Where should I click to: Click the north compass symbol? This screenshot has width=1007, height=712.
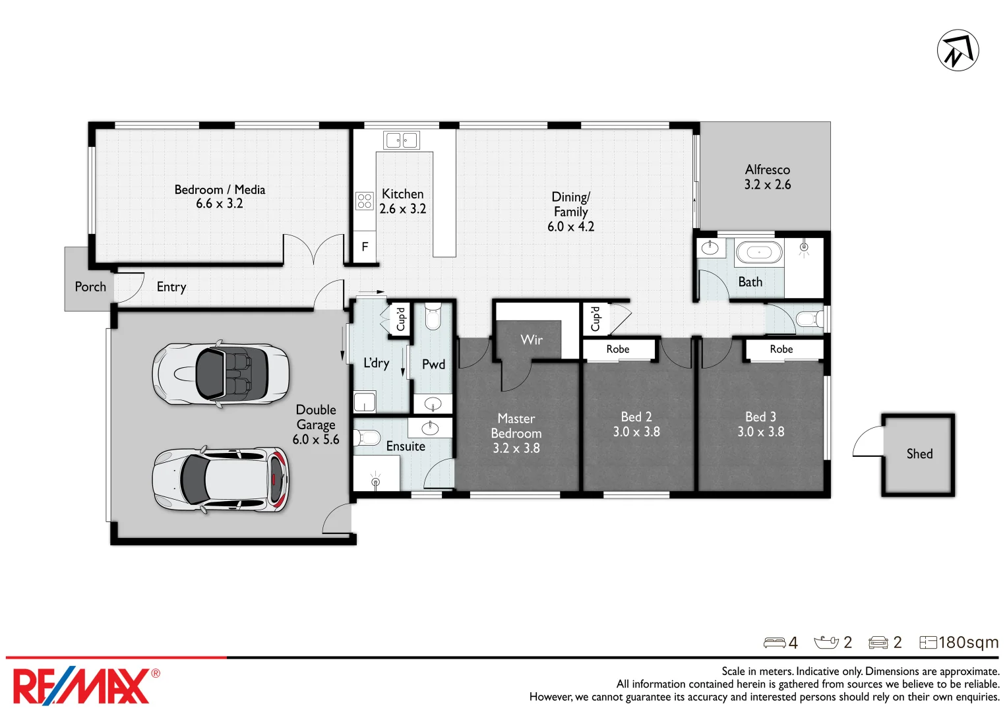click(x=958, y=50)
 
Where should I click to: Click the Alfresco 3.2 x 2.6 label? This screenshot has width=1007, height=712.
click(x=767, y=177)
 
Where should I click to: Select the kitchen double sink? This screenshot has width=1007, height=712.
click(x=401, y=140)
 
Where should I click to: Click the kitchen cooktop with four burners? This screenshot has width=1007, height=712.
click(x=364, y=201)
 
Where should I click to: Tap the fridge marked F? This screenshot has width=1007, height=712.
click(x=365, y=247)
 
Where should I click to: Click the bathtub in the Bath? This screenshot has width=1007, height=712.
click(x=758, y=252)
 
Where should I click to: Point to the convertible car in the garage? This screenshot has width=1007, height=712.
click(x=220, y=374)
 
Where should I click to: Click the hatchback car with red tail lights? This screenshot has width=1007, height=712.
click(x=220, y=479)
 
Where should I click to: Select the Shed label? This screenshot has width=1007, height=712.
click(x=919, y=454)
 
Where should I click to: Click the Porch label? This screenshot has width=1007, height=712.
click(x=90, y=287)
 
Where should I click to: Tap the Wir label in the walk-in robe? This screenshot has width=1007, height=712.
click(x=532, y=340)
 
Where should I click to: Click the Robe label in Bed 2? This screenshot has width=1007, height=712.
click(x=618, y=349)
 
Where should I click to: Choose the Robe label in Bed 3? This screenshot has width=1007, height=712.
click(x=781, y=349)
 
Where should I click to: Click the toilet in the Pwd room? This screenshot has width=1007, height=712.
click(x=433, y=316)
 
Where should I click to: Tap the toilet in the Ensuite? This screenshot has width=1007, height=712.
click(x=367, y=437)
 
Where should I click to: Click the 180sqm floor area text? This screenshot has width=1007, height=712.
click(x=967, y=642)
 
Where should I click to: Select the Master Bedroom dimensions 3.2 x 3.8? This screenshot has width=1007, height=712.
click(x=516, y=448)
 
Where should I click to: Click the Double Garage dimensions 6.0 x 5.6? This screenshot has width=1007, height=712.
click(x=316, y=440)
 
